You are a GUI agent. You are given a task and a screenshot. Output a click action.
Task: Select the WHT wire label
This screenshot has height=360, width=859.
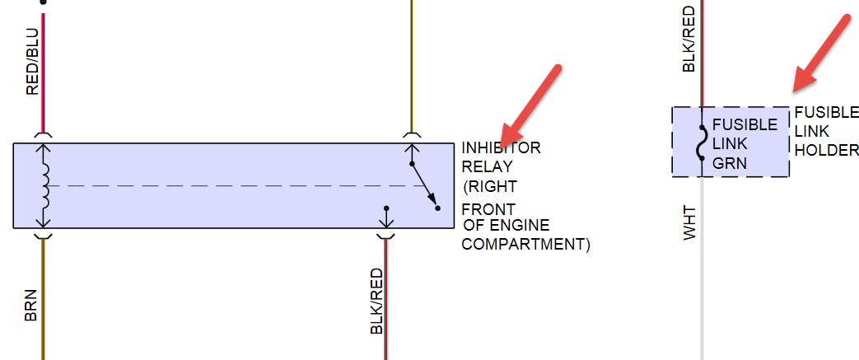point(691,222)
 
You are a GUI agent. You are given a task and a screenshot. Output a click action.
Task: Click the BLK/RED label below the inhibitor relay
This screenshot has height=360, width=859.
point(377,301)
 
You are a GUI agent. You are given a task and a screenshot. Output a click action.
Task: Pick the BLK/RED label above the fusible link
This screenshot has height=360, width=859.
point(690,39)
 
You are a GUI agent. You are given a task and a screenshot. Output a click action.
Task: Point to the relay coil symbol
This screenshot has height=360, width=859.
point(45,186)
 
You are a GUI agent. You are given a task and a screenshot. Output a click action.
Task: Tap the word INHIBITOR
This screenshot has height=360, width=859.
point(501,148)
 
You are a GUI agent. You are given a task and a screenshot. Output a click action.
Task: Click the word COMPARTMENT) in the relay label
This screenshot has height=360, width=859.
point(525,245)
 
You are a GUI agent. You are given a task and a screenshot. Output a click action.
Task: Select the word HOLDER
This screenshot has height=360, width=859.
point(826,151)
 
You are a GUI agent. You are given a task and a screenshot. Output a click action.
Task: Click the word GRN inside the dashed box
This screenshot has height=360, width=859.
point(730,163)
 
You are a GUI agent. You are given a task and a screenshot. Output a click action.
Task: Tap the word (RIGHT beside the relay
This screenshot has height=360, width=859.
point(490,186)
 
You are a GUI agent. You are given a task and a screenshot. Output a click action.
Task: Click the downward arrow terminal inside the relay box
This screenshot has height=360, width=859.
point(385,217)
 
